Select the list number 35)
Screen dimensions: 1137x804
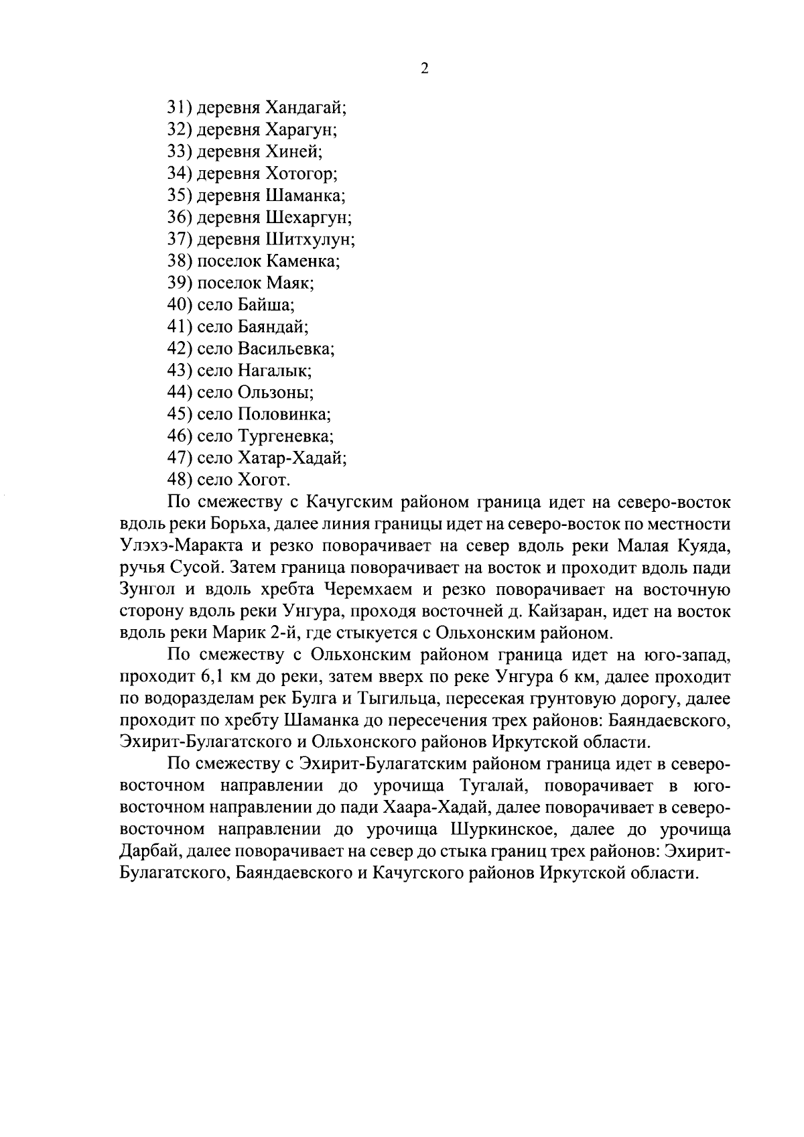pyautogui.click(x=180, y=196)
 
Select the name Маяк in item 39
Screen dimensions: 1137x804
pyautogui.click(x=289, y=283)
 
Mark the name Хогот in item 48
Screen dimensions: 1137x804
pyautogui.click(x=263, y=480)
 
